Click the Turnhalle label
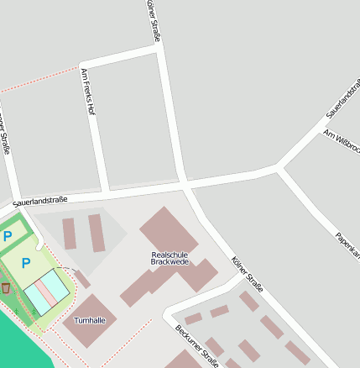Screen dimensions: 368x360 [x=90, y=321]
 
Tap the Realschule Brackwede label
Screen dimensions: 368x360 [x=170, y=258]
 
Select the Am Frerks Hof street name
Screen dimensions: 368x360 [x=87, y=92]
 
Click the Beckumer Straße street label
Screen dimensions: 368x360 [x=196, y=344]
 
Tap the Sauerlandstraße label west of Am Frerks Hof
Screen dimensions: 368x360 [x=39, y=200]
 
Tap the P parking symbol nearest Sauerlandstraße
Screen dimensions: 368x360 [x=8, y=237]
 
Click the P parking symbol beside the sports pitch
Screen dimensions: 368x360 [x=25, y=263]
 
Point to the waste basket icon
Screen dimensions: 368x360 [x=6, y=288]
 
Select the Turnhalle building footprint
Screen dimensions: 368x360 [x=90, y=319]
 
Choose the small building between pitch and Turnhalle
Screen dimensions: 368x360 [x=81, y=279]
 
